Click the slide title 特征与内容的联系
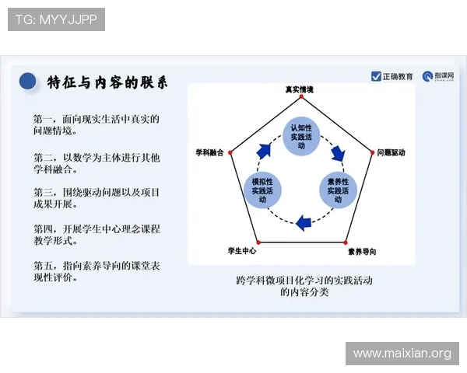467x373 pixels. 107,82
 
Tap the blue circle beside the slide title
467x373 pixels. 28,81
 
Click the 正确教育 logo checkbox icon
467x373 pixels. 377,76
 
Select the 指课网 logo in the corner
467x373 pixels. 438,76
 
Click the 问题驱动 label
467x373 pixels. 391,153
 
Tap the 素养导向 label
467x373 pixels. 361,251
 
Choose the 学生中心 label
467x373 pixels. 242,251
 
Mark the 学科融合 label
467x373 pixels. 209,153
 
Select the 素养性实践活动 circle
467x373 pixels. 339,191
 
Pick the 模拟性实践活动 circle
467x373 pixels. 263,191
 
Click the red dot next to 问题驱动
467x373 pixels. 370,153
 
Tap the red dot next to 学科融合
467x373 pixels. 230,153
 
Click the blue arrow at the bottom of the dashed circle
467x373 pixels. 305,221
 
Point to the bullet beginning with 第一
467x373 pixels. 97,125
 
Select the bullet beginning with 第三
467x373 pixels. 97,198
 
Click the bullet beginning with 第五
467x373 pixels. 97,271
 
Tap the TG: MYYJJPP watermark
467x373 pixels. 56,19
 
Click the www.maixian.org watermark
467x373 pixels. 402,354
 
